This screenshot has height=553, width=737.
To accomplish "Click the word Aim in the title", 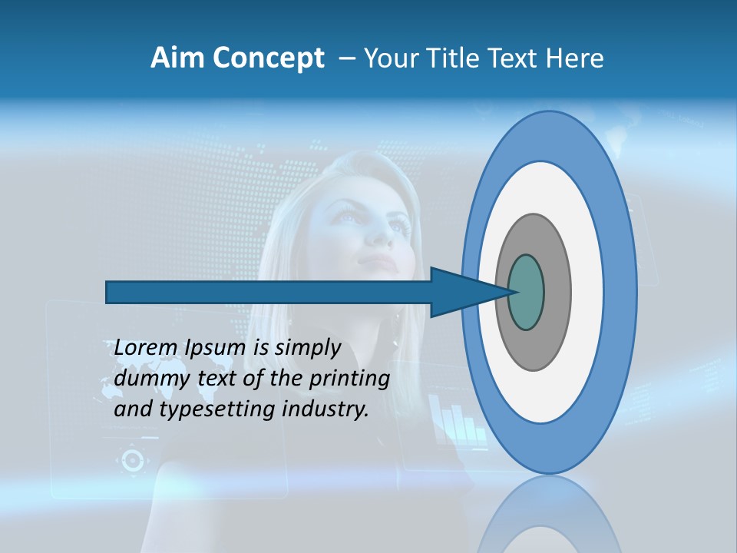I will coord(177,58).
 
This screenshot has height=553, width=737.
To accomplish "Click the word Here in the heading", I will coord(576,58).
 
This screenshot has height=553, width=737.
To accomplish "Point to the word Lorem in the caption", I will coord(147,348).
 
